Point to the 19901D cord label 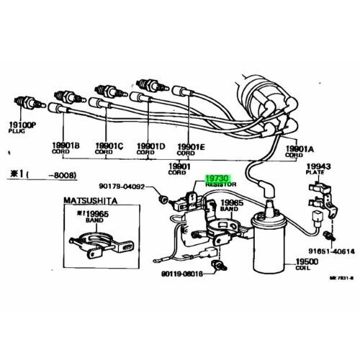149,145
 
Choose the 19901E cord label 191,145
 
